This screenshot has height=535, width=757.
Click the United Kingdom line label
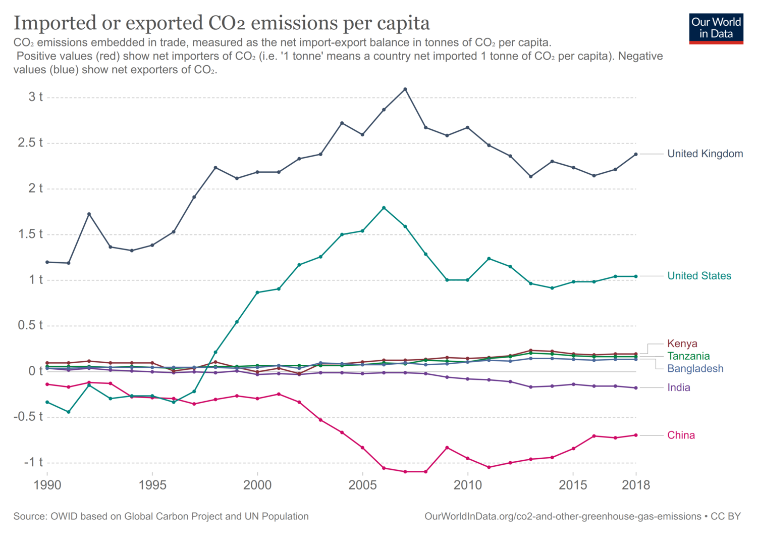pos(705,154)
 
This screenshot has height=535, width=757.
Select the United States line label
pos(699,276)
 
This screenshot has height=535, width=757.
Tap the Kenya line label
pos(682,344)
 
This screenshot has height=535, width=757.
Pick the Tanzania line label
pos(688,356)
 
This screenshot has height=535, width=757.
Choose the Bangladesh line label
pos(695,369)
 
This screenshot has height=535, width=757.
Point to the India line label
pos(678,387)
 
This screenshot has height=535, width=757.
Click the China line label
pos(681,435)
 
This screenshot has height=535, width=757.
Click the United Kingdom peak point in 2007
pos(405,89)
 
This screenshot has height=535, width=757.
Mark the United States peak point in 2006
pos(384,208)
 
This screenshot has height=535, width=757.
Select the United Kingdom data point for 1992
pos(89,214)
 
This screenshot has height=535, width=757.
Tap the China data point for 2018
pos(636,435)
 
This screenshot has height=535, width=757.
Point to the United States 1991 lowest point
pos(69,412)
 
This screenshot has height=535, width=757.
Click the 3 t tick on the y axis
pos(35,97)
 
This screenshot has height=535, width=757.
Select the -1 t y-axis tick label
pos(34,462)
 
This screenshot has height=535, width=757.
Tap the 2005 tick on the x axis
pos(362,485)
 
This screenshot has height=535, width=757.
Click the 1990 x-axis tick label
pos(47,485)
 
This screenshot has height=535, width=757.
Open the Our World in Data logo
pos(716,28)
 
